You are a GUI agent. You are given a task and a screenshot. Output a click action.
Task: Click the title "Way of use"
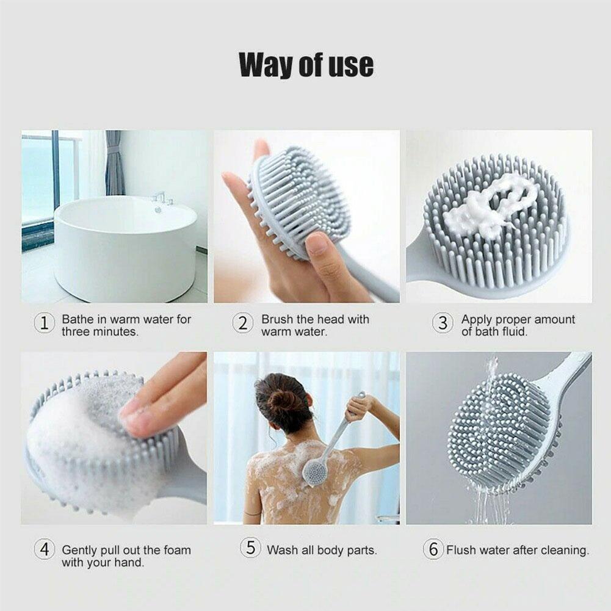coord(306,65)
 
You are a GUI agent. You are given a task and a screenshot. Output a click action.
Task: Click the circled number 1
coord(44,324)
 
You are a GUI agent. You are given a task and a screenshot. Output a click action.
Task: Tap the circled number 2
coord(242,324)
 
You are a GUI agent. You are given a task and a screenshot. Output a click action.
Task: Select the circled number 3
coord(443,324)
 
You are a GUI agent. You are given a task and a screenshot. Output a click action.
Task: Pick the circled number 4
coord(44,549)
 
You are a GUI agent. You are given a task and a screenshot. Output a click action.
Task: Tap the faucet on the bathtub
coord(161,198)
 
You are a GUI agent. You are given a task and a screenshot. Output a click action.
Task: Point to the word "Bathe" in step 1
coord(78,319)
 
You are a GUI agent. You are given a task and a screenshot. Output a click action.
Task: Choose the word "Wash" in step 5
coord(281,550)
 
